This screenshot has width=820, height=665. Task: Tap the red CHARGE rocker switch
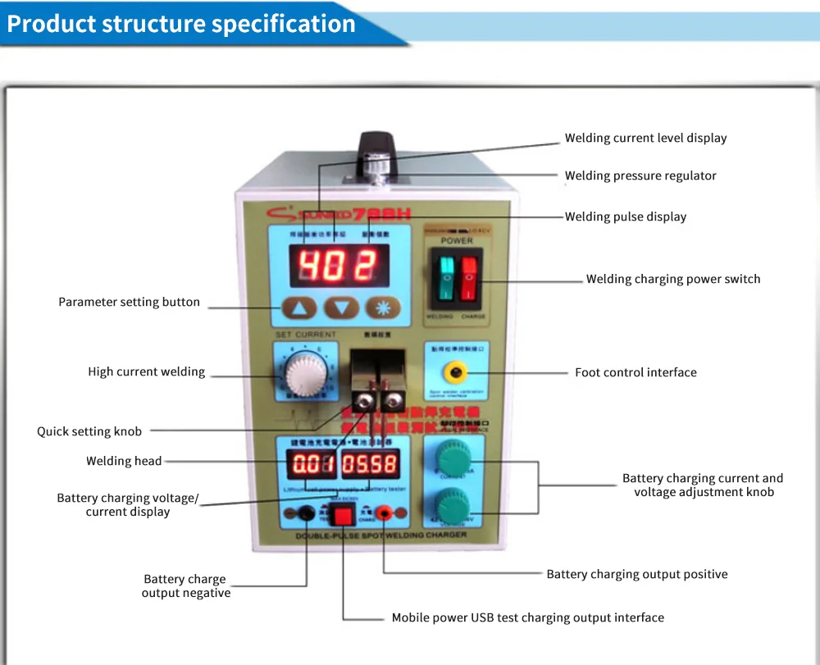(468, 278)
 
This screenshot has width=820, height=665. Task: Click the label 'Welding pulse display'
(626, 216)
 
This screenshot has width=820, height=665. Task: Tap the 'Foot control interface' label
(635, 372)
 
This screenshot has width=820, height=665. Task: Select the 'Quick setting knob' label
(89, 431)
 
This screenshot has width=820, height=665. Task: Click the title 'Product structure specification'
(181, 24)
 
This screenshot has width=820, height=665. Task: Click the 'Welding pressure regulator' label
(640, 175)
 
